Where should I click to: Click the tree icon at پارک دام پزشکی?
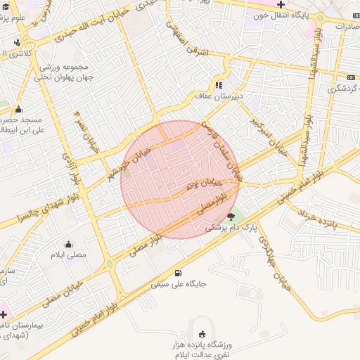tap(232, 217)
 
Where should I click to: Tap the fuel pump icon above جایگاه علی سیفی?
tap(176, 274)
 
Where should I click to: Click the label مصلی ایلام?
tap(68, 255)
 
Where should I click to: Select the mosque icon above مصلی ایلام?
tap(68, 243)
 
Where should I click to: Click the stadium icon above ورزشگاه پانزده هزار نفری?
tap(204, 333)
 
